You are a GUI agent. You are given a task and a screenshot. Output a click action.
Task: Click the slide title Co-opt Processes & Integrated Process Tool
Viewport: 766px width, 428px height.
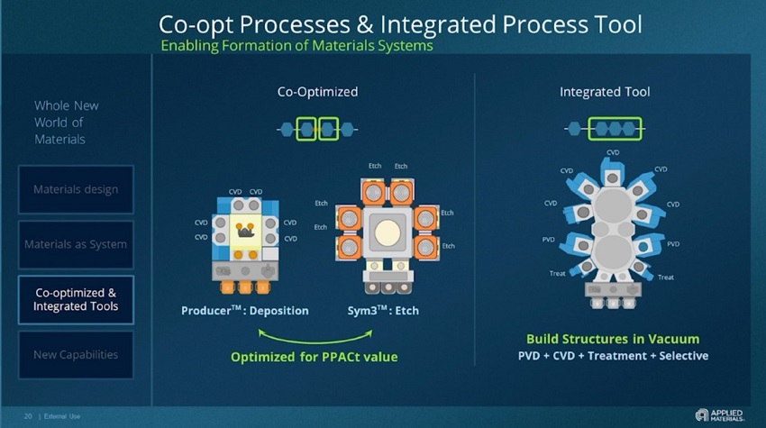(400, 23)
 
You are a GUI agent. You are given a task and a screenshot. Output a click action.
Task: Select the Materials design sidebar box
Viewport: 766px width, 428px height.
(76, 189)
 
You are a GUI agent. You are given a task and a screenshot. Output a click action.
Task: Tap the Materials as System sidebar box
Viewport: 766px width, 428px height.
(76, 244)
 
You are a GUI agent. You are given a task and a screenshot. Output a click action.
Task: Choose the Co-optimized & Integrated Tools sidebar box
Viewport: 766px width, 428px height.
(76, 299)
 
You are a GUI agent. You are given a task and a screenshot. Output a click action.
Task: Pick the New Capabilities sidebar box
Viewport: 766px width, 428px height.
(76, 354)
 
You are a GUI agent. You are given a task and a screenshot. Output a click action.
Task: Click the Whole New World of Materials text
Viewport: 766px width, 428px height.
(67, 122)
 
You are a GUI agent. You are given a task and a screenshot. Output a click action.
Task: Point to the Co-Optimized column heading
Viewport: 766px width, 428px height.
(317, 92)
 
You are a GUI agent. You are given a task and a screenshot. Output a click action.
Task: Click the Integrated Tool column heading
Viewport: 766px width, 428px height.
(605, 92)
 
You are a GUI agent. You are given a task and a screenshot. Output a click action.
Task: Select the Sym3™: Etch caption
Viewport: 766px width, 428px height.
(383, 311)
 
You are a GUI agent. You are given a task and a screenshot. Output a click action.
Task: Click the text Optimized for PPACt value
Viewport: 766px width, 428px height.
(315, 356)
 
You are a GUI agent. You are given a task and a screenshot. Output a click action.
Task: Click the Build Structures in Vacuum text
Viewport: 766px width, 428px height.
(613, 339)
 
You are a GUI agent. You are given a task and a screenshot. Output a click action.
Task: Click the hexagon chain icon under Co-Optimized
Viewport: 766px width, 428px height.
(317, 129)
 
